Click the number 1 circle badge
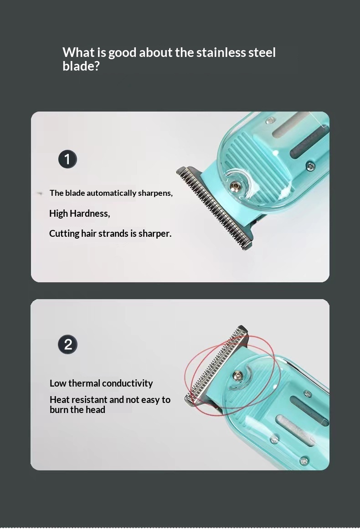(67, 159)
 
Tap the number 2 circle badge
(67, 344)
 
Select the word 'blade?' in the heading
(81, 66)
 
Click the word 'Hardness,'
(90, 214)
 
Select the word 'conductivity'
(127, 384)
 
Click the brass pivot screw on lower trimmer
(237, 375)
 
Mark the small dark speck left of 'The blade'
(40, 194)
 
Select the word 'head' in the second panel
(96, 410)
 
